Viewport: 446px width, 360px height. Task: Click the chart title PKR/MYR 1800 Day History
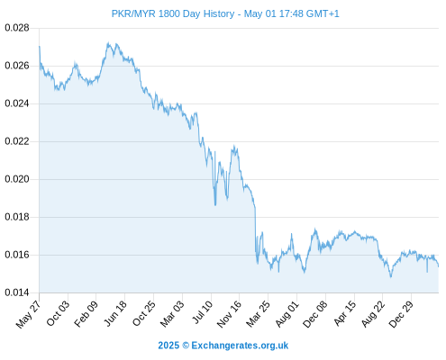(x=173, y=13)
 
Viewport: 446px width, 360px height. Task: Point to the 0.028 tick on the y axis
(x=17, y=28)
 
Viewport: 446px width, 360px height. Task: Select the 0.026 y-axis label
(x=17, y=66)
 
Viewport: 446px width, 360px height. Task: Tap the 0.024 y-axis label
(x=17, y=103)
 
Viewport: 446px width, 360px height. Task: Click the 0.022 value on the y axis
(x=17, y=141)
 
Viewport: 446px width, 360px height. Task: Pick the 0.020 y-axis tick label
(x=17, y=179)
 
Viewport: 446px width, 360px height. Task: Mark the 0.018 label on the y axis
(x=17, y=217)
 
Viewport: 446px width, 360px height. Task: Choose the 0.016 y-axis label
(x=17, y=255)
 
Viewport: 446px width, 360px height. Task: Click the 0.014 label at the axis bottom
(x=17, y=292)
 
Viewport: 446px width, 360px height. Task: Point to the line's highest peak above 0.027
(x=108, y=43)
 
